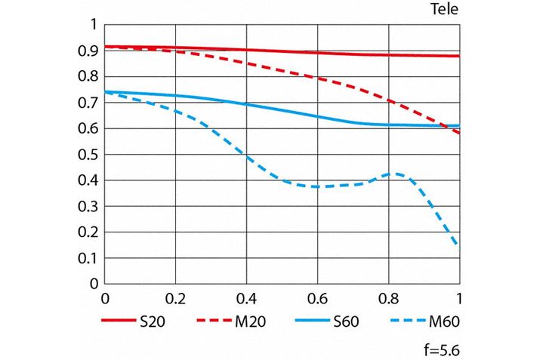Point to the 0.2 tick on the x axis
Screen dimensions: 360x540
[176, 297]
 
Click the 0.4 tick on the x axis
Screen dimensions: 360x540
[247, 297]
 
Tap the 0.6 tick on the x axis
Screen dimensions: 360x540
[318, 297]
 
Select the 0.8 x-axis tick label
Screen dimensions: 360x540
[389, 297]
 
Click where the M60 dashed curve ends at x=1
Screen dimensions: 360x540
[459, 245]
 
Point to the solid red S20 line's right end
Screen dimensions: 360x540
[458, 56]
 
